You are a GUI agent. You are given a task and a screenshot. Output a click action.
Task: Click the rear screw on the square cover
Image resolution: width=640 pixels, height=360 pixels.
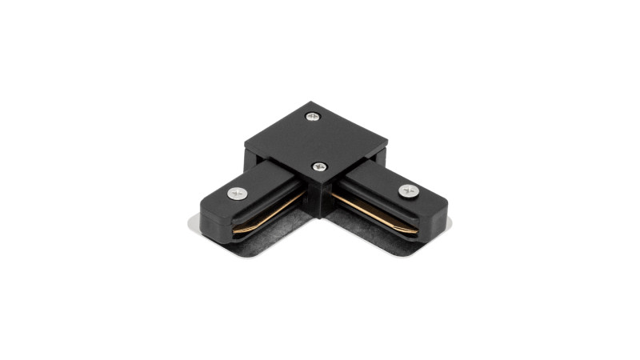point(311,117)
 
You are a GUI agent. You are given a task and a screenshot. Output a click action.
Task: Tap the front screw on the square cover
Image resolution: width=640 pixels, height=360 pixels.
point(320,166)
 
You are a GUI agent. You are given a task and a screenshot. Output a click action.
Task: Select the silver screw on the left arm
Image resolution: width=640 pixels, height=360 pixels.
point(238,193)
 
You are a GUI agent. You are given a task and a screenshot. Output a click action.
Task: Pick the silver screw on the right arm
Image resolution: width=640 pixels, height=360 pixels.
point(408,190)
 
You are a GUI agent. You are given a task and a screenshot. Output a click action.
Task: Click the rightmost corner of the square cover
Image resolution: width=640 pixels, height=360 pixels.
point(388,146)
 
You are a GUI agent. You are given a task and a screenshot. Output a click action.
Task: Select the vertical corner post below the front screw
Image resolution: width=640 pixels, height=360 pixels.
point(321,196)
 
